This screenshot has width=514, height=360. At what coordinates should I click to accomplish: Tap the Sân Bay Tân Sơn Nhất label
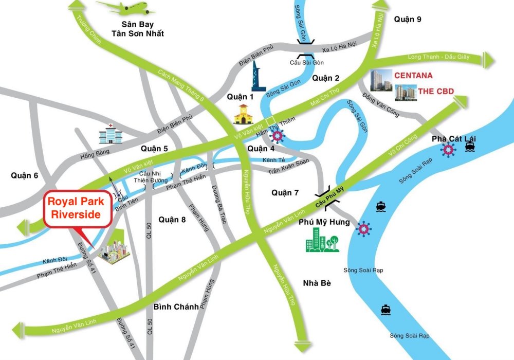click(x=139, y=29)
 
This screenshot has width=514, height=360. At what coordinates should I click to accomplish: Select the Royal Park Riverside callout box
click(x=78, y=208)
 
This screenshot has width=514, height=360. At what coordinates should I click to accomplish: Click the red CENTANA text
click(x=413, y=76)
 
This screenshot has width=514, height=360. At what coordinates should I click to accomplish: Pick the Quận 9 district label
click(x=408, y=19)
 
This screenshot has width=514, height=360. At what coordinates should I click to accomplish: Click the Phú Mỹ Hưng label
click(x=324, y=222)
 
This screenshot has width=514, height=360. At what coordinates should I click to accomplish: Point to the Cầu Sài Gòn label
click(x=306, y=62)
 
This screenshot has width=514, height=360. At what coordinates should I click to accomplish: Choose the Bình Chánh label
click(x=176, y=307)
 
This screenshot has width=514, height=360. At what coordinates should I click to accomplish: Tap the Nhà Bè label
click(x=317, y=283)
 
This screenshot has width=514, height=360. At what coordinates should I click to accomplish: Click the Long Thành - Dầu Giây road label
click(x=438, y=57)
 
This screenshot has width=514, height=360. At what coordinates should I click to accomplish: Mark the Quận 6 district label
click(x=25, y=175)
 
